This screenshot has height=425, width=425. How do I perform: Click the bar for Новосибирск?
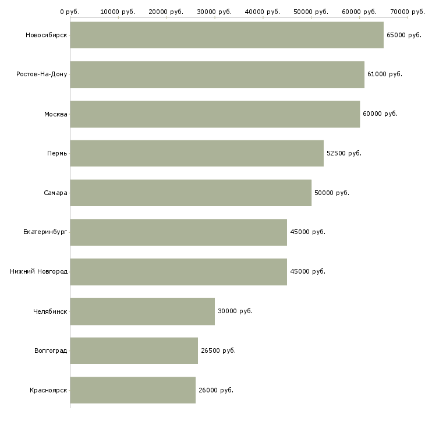tap(226, 35)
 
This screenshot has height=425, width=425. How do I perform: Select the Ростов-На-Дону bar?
tap(217, 75)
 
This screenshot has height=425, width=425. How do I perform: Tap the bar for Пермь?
tap(197, 153)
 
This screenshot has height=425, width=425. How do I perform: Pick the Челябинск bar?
tap(142, 311)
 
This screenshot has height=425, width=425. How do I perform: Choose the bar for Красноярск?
tap(133, 390)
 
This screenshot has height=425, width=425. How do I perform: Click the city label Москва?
tap(56, 114)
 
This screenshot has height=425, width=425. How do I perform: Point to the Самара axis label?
tap(56, 193)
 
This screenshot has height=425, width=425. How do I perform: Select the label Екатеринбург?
tap(45, 232)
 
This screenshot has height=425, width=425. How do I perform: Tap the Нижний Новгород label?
tap(39, 272)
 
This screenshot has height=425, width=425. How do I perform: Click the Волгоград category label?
tap(51, 350)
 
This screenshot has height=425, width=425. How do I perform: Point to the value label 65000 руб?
tap(403, 35)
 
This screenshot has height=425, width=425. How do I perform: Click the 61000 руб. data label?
tap(384, 75)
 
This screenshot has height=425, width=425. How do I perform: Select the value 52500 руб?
tap(343, 153)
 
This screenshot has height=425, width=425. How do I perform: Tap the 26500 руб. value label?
tap(218, 350)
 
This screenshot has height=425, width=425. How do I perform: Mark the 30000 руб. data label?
tap(235, 311)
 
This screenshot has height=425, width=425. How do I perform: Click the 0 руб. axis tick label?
tap(70, 11)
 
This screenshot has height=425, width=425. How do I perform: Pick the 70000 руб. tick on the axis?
tap(408, 11)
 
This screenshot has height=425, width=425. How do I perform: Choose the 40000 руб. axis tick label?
tap(263, 11)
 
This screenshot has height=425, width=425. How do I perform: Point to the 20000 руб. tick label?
tap(166, 11)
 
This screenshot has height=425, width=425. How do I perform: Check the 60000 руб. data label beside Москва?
tap(380, 114)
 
